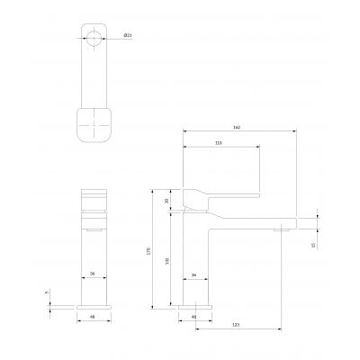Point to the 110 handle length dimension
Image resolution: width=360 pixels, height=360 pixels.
click(219, 143)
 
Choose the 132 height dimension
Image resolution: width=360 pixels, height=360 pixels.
click(171, 260)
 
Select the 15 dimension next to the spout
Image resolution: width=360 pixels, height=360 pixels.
click(312, 243)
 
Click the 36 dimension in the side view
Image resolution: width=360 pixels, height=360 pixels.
click(194, 274)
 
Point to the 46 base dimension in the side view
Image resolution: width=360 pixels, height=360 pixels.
click(194, 318)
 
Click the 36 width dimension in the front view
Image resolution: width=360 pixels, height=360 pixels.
click(93, 274)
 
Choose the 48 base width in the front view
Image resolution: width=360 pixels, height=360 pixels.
click(93, 318)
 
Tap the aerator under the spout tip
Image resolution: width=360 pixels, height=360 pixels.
click(281, 230)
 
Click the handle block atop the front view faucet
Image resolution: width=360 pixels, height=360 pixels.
click(93, 199)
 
